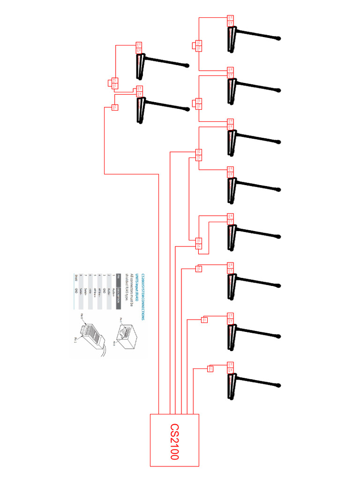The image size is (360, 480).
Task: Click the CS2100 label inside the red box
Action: [x=174, y=441]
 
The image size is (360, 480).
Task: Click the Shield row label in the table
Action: [x=76, y=277]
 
